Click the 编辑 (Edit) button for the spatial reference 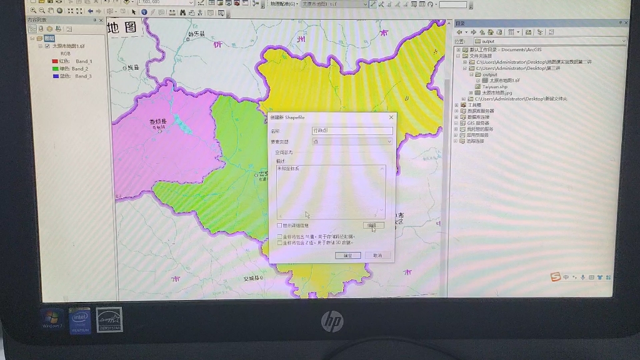(x=373, y=225)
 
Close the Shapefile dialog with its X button (x=391, y=117)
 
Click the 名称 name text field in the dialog (x=352, y=131)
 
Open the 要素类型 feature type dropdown (x=352, y=141)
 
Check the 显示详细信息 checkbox (x=279, y=225)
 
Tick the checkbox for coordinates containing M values (x=279, y=237)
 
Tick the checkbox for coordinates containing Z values (x=279, y=242)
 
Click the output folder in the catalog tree (x=489, y=74)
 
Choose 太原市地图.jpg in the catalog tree (x=496, y=92)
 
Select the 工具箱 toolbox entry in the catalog (x=474, y=105)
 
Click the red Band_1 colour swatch (x=55, y=61)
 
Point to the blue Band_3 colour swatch (x=55, y=76)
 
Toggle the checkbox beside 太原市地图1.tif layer (x=47, y=46)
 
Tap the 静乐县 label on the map (x=196, y=34)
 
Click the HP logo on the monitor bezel (x=332, y=322)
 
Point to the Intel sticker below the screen (x=79, y=320)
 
